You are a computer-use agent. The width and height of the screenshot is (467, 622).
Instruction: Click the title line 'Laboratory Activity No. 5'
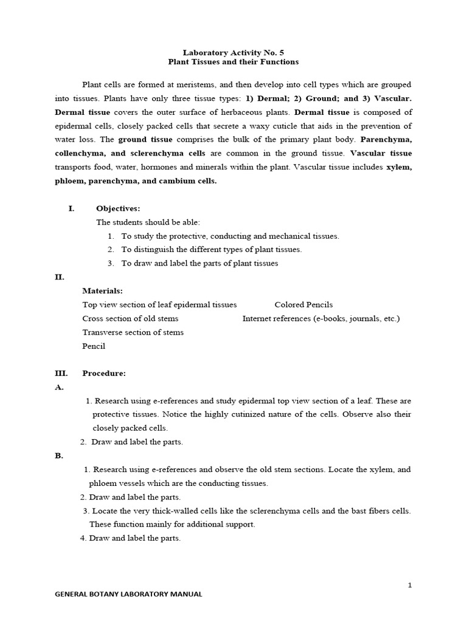click(233, 52)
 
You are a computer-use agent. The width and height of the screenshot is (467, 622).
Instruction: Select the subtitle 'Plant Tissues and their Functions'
click(233, 62)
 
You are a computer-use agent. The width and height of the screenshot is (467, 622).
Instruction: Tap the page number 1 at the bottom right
click(410, 584)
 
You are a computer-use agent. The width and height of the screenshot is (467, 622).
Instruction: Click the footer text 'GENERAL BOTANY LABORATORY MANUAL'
click(128, 595)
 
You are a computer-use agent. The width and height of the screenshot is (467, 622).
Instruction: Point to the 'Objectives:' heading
click(118, 208)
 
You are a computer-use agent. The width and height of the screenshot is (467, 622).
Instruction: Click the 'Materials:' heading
click(102, 291)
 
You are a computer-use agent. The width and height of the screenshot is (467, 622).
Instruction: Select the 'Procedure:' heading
click(104, 373)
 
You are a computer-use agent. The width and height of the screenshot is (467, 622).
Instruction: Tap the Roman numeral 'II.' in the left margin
click(60, 277)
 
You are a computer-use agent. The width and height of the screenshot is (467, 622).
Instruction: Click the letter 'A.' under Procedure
click(59, 387)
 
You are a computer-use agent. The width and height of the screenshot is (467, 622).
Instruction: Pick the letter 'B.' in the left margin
click(59, 456)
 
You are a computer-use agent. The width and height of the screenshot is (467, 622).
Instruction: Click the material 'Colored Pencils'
click(303, 305)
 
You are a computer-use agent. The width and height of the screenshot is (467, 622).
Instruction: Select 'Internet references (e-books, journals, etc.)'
click(321, 318)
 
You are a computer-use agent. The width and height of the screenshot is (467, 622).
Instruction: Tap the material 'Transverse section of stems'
click(133, 332)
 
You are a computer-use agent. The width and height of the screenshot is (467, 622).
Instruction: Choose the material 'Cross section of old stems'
click(130, 318)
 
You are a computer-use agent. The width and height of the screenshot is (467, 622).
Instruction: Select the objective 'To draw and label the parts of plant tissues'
click(199, 263)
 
